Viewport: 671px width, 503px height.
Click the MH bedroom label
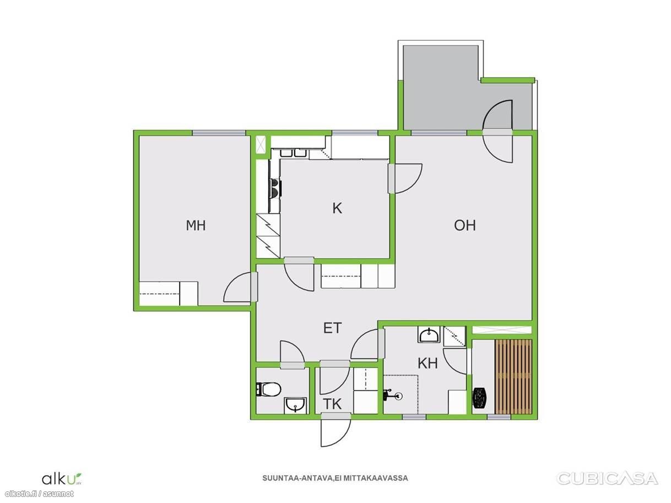[196, 225]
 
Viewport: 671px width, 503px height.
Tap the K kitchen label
[337, 208]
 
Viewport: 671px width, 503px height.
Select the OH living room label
[464, 225]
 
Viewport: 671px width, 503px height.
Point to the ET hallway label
[332, 328]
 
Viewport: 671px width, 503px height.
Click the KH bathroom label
[428, 364]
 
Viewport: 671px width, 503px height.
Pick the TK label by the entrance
[332, 404]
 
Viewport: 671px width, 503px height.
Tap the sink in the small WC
[295, 405]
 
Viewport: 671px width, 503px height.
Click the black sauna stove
[480, 398]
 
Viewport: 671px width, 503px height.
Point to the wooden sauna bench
[513, 376]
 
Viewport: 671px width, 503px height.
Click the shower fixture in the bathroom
[392, 396]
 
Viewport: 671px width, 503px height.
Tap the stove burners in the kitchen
[275, 188]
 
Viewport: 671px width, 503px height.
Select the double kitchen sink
[295, 153]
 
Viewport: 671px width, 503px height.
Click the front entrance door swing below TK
[336, 433]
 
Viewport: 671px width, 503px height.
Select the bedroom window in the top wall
[219, 133]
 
